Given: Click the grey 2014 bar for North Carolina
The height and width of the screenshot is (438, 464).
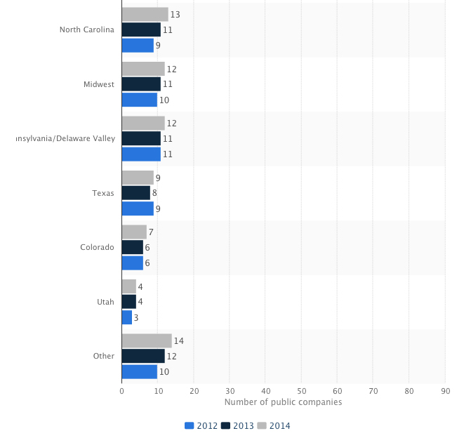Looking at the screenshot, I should (x=145, y=14).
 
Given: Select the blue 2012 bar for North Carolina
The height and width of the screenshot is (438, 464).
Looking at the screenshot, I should (x=138, y=45).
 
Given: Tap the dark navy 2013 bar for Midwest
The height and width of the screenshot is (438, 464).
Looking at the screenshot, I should (x=141, y=84).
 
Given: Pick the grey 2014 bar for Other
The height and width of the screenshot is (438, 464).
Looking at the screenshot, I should (x=147, y=340).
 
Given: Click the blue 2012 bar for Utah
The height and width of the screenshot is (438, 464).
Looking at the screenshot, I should (x=127, y=317).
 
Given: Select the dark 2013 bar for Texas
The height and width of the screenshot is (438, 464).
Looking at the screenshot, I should (x=136, y=192).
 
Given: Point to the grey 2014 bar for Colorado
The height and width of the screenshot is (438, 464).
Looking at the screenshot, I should (x=134, y=232).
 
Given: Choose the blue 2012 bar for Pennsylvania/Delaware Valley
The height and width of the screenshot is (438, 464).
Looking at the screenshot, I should (x=141, y=154).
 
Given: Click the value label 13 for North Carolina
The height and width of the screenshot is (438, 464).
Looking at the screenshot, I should (x=175, y=14).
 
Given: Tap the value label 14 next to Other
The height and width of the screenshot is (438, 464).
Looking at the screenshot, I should (x=178, y=340).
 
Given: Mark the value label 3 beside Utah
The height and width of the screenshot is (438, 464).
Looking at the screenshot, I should (x=137, y=317).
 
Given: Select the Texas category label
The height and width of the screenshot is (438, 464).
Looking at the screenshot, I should (x=103, y=192).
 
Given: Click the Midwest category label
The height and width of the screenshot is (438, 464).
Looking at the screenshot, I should (x=98, y=84).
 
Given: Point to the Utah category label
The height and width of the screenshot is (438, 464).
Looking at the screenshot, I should (x=105, y=301).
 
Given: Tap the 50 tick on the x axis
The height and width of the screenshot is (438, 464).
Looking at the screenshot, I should (x=301, y=390).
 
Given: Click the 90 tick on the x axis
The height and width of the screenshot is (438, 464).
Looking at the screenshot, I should (x=445, y=390).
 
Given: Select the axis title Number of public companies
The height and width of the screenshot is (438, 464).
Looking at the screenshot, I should (x=283, y=402).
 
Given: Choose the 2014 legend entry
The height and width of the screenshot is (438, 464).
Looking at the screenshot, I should (x=274, y=425).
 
